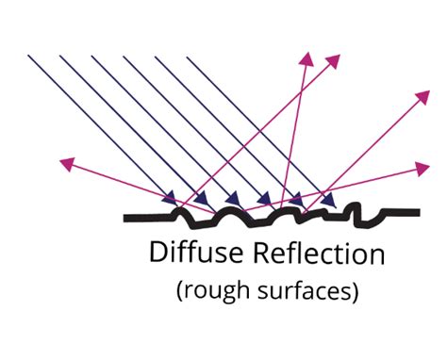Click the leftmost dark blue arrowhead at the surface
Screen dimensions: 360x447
(171, 198)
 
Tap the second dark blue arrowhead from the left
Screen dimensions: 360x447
(203, 198)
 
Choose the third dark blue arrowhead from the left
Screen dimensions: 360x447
(234, 200)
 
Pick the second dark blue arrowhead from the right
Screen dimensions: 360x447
(297, 200)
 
